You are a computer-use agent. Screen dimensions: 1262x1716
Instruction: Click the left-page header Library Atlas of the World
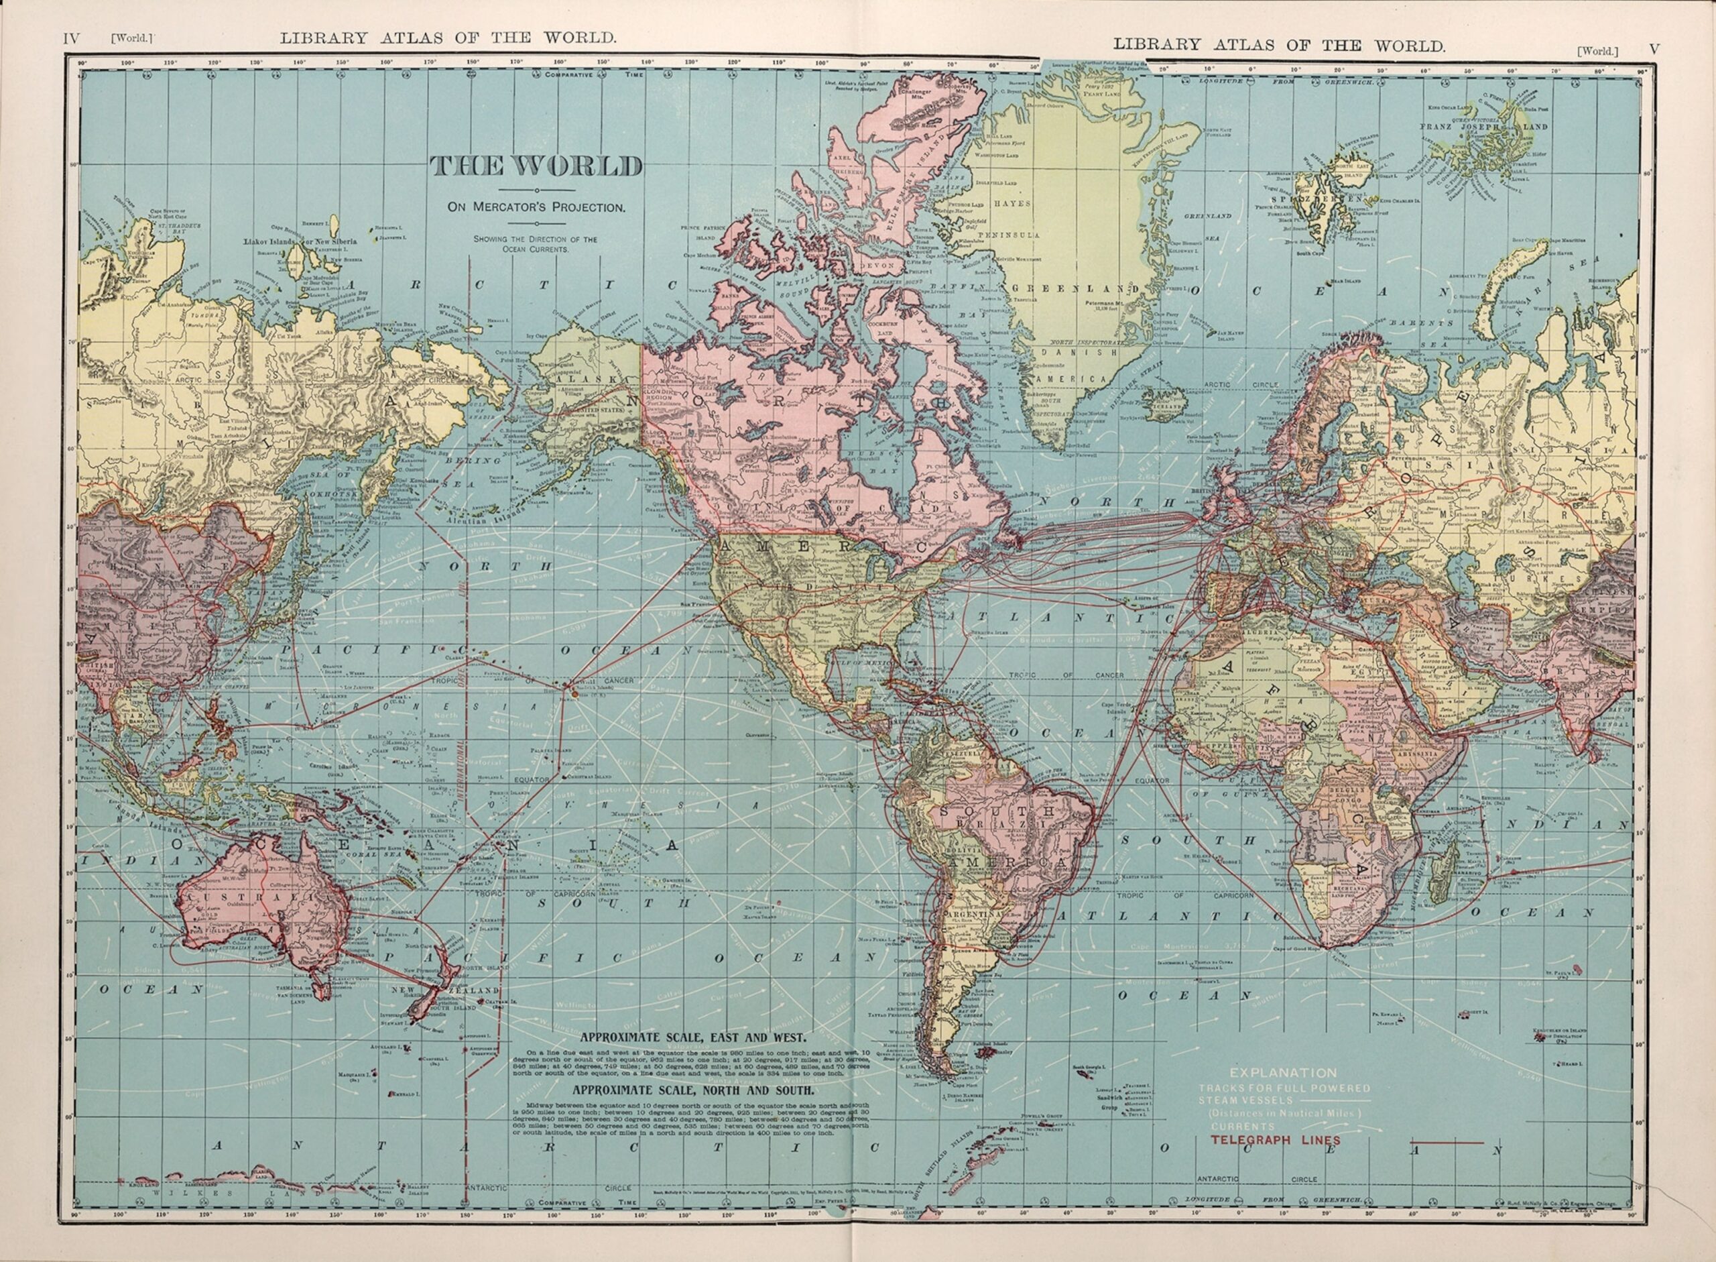(448, 37)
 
